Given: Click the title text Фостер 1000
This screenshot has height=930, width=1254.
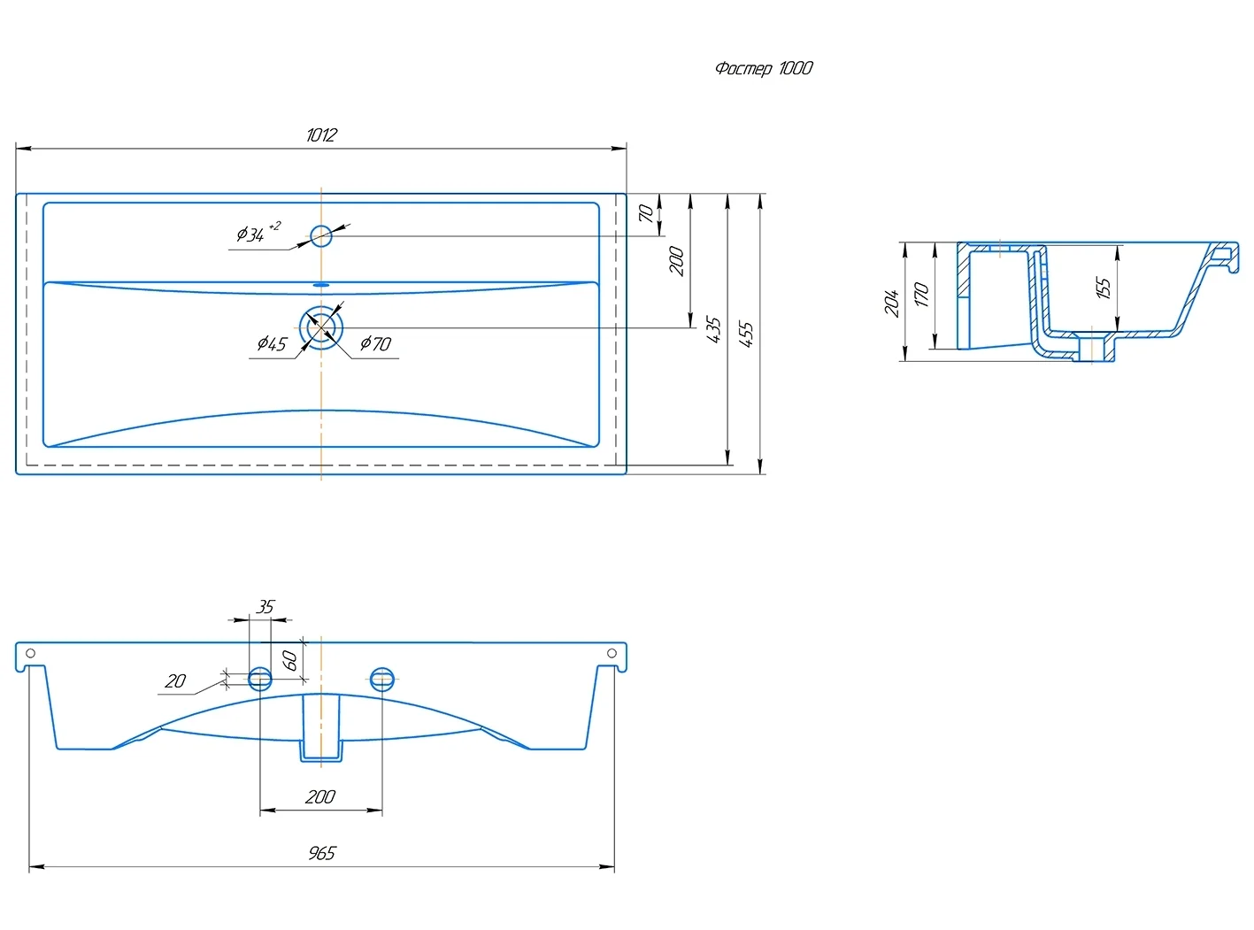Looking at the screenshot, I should [x=764, y=68].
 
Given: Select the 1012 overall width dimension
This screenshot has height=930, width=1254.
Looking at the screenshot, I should [x=321, y=135].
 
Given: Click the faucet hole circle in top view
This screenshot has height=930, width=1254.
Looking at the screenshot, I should [x=320, y=235].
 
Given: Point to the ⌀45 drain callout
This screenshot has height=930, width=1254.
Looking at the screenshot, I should [x=272, y=343].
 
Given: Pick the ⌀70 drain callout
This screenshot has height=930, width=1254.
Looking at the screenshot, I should [x=376, y=343].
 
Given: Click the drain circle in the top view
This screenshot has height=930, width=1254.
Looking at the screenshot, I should [x=320, y=327].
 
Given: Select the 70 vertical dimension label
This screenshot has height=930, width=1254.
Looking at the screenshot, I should [x=646, y=213].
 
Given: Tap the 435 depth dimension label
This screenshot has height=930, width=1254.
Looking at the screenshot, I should [x=713, y=329].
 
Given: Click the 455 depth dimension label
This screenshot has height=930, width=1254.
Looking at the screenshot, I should [x=746, y=334].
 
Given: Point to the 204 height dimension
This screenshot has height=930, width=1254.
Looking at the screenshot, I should [x=892, y=303].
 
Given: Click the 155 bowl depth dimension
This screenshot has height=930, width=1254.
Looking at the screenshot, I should [x=1103, y=288].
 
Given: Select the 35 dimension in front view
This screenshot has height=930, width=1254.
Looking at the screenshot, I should [x=265, y=607].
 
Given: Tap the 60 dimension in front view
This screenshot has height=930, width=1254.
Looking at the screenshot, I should [x=289, y=660].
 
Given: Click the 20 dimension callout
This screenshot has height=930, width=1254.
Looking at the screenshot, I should [x=175, y=680].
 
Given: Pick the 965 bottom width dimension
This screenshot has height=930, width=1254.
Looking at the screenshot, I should [x=322, y=852].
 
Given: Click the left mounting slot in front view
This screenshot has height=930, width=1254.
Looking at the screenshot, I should [x=260, y=679].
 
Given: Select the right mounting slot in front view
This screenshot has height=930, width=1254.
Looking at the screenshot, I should [x=381, y=679].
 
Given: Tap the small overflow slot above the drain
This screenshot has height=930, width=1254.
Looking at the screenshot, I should [x=320, y=285].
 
